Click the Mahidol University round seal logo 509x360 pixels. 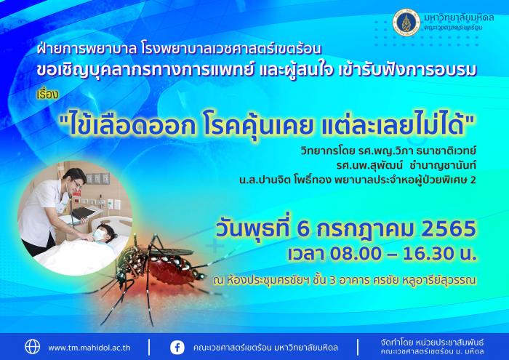coord(406,22)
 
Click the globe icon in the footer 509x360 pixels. coord(33,347)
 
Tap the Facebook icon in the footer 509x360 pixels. coord(177,348)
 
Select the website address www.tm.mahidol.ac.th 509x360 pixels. coord(89,348)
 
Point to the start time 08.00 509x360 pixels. coord(356,254)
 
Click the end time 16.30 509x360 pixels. coord(428,254)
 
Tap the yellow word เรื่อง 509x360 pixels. coord(48,94)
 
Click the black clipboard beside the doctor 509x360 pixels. coord(84,212)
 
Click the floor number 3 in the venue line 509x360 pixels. coord(332,281)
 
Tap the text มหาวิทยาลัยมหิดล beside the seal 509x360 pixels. coord(459,17)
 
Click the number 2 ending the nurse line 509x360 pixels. coord(473,180)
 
